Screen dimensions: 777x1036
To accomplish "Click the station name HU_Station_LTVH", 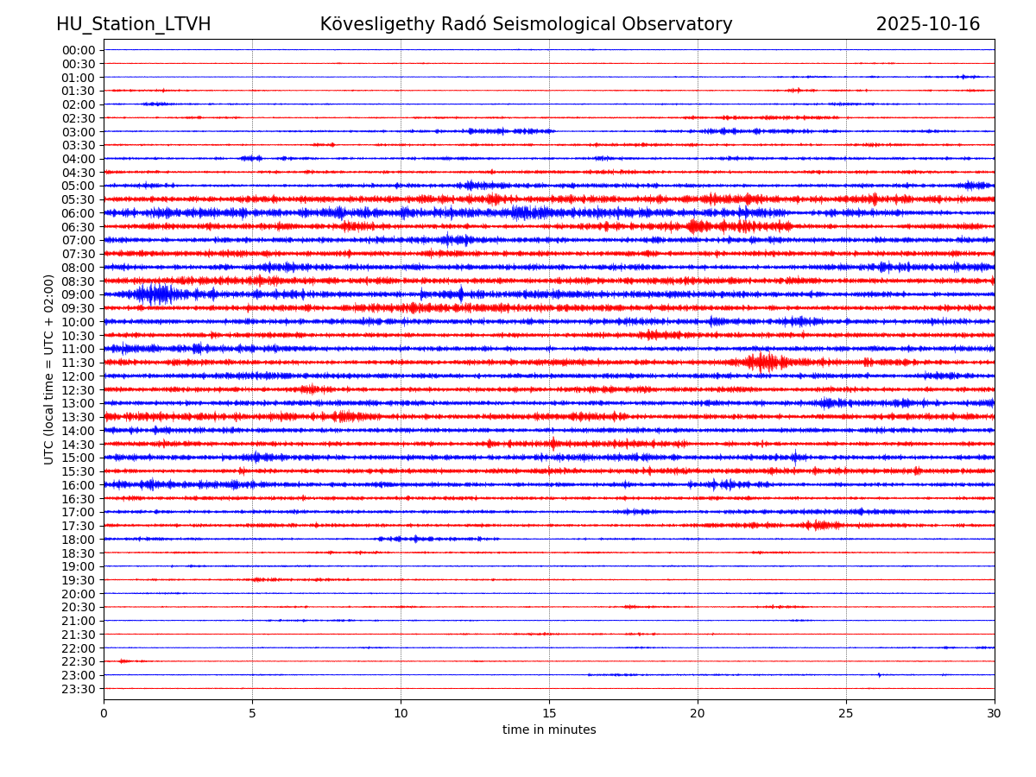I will pos(133,24).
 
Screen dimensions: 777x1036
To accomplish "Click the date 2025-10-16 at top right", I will pos(927,24).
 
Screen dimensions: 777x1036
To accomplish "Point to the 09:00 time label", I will pos(78,294).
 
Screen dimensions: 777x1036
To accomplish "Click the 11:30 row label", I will pos(78,363).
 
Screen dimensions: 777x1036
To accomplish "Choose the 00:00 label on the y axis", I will pos(78,50).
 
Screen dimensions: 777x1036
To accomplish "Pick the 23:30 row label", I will pos(78,689).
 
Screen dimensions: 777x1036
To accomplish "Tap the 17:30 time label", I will pos(78,526).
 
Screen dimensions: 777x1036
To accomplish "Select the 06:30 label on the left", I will pos(78,227).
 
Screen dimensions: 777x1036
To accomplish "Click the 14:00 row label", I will pos(78,431).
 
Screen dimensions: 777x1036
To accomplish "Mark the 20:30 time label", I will pos(78,607).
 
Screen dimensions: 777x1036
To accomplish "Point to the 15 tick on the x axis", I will pos(549,714).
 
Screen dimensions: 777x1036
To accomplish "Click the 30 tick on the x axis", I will pos(995,714).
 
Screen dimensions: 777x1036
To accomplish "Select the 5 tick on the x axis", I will pos(252,714).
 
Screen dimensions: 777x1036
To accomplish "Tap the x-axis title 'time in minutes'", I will pos(549,730).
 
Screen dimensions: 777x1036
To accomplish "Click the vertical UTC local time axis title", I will pos(49,369).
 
